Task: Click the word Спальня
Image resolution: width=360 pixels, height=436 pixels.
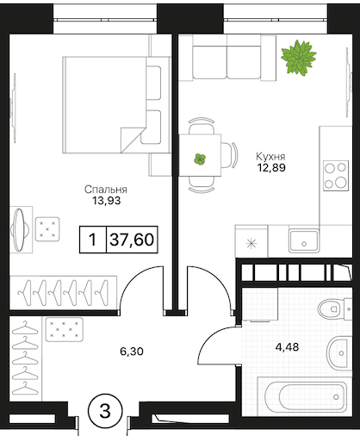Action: [106, 190]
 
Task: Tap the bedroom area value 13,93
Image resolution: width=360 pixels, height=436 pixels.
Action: [106, 201]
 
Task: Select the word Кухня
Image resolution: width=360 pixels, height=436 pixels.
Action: [270, 157]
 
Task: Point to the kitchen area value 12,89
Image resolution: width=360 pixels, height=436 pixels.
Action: [271, 167]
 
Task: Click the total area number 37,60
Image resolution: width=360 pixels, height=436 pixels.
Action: [132, 240]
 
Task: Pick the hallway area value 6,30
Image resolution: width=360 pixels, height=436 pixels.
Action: [132, 352]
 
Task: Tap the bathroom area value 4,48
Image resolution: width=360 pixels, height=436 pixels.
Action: [287, 347]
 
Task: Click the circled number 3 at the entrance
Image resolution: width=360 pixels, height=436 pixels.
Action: [105, 411]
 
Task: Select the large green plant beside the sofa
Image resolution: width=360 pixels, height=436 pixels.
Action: [299, 58]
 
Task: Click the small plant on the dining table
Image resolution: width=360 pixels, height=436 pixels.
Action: [200, 159]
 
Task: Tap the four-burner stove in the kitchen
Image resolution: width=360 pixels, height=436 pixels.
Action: [336, 176]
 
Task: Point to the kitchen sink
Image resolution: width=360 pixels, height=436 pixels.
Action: [304, 241]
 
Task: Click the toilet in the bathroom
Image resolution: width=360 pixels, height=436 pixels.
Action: [335, 309]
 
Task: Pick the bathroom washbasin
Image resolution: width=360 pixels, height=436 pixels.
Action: [339, 353]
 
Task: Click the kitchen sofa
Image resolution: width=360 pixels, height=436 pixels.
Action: [227, 58]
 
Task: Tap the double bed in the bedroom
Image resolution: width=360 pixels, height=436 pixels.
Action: [116, 105]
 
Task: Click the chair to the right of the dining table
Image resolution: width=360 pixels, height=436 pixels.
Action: [230, 155]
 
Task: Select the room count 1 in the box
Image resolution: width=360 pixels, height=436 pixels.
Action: [92, 240]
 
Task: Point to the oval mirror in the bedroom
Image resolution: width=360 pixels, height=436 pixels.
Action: [20, 230]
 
